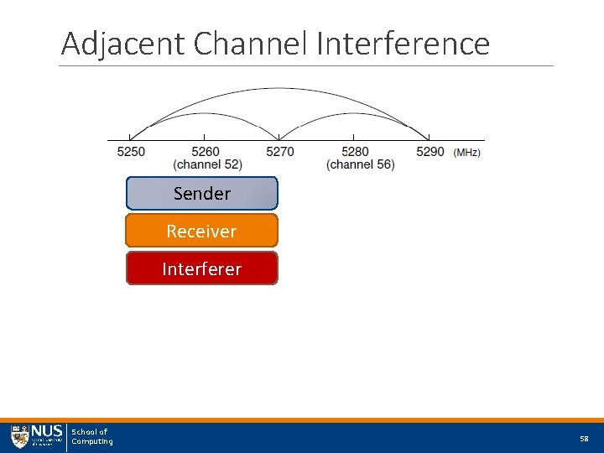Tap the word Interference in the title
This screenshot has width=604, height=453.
coord(404,44)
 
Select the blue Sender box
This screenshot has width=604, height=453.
coord(201,193)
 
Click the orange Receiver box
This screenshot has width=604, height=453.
coord(201,231)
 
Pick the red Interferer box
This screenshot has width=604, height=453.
coord(201,268)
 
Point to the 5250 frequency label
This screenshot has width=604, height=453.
coord(130,152)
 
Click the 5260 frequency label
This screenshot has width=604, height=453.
coord(206,152)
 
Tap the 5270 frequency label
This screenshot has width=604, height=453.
coord(280,152)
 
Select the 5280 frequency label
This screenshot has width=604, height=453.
coord(355,152)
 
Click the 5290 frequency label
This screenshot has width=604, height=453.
coord(430,152)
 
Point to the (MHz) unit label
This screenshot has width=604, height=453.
coord(466,153)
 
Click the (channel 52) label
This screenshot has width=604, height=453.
coord(207,164)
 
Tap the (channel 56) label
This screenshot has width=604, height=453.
coord(360,164)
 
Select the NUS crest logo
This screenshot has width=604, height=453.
coord(19,437)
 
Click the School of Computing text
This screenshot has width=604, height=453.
coord(91,437)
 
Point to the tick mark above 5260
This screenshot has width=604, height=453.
coord(205,137)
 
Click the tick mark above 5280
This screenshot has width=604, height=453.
coord(354,137)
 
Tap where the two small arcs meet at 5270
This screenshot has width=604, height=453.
coord(279,138)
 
